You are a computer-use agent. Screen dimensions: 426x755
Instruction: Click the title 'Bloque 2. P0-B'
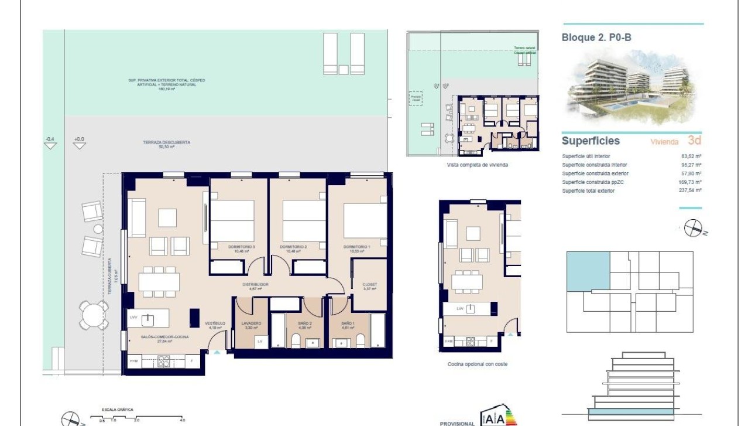tap(596, 38)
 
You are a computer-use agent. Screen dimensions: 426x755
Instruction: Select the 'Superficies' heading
tap(591, 141)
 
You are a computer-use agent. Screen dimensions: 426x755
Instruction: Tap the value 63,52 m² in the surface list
tap(691, 156)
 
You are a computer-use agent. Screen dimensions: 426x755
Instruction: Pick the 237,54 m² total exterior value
tap(691, 190)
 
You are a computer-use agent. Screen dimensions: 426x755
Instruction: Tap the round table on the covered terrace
tap(94, 316)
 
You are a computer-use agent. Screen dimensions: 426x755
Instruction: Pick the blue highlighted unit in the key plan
tap(588, 271)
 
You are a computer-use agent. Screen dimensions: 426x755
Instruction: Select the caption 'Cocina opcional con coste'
tap(477, 364)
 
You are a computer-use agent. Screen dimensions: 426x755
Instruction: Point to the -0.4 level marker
tap(50, 142)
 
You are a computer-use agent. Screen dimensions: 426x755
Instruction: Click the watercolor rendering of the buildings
tap(631, 88)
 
